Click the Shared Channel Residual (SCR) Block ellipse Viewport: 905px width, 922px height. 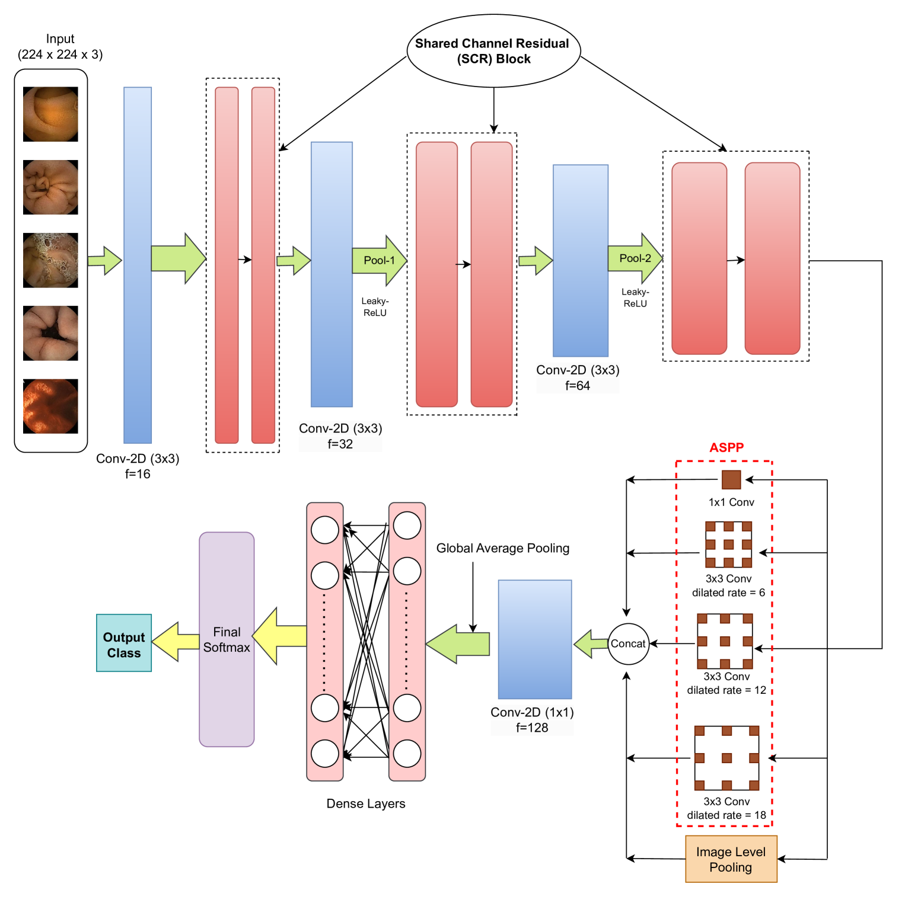[x=493, y=51]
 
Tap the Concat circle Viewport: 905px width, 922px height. [x=628, y=644]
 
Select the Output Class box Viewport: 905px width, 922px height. [x=124, y=643]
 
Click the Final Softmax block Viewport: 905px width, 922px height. [x=227, y=639]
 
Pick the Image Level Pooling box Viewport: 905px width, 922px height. [x=731, y=859]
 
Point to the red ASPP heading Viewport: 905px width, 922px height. [x=726, y=447]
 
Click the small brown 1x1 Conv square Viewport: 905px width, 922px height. [x=731, y=479]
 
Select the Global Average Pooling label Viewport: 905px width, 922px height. [x=503, y=548]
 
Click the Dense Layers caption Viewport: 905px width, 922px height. [x=366, y=803]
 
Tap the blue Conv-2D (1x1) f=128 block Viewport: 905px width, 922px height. [x=535, y=639]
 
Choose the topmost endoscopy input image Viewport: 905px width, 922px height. [x=50, y=114]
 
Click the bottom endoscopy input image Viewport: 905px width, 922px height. [x=50, y=406]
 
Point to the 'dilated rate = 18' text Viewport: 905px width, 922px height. [x=726, y=815]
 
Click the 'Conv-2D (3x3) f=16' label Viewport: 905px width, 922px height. [x=138, y=466]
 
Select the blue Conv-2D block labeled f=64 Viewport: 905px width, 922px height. [x=581, y=261]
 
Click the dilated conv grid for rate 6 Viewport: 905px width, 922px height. [x=728, y=545]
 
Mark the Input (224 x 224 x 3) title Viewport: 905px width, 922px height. [x=60, y=47]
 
